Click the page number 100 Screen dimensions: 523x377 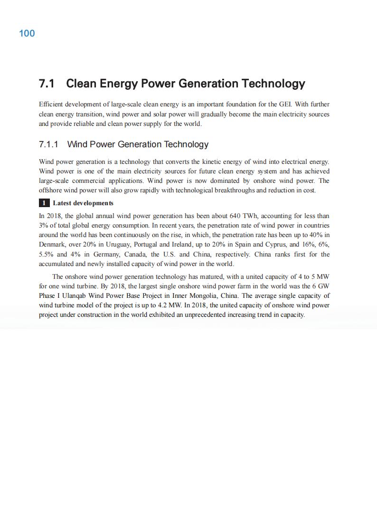point(27,33)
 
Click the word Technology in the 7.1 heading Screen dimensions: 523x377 point(273,84)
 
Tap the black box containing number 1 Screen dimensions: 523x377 point(44,203)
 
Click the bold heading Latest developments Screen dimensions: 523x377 point(83,203)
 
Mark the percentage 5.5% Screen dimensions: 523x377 point(47,254)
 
